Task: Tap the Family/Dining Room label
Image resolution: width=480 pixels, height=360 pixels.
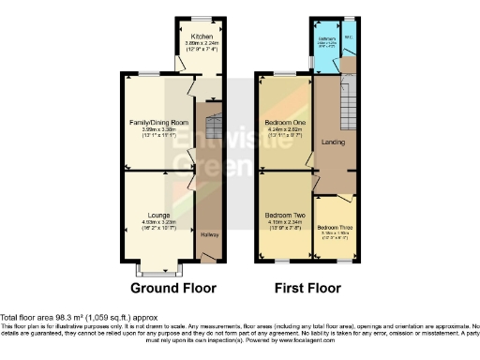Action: click(158, 123)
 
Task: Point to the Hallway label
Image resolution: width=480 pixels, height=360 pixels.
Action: click(207, 235)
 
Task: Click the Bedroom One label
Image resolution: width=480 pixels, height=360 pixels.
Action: click(284, 123)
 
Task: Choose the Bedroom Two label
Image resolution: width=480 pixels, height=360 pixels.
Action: click(284, 215)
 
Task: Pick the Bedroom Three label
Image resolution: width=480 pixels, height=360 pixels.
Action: click(335, 228)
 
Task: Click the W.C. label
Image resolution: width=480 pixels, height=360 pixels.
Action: click(349, 38)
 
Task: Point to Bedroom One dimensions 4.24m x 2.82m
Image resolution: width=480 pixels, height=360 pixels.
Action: click(284, 129)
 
